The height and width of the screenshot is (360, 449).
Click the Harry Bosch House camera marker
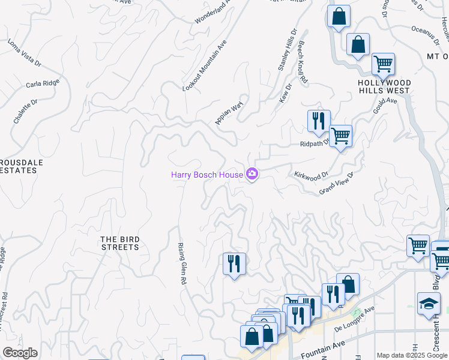[252, 175]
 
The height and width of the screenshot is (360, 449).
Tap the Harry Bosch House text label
[206, 175]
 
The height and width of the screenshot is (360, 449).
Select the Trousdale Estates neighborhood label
[19, 166]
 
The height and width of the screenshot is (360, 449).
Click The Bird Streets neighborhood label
[119, 243]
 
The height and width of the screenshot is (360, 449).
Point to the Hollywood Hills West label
[384, 87]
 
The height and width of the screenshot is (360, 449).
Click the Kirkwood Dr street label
[312, 175]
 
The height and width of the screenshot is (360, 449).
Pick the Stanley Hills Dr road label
[288, 51]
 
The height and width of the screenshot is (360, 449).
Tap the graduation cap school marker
[429, 304]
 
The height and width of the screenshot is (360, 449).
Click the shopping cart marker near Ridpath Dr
[340, 136]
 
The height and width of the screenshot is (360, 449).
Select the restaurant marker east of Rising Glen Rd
[234, 264]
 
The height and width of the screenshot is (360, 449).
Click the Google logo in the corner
[20, 353]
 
